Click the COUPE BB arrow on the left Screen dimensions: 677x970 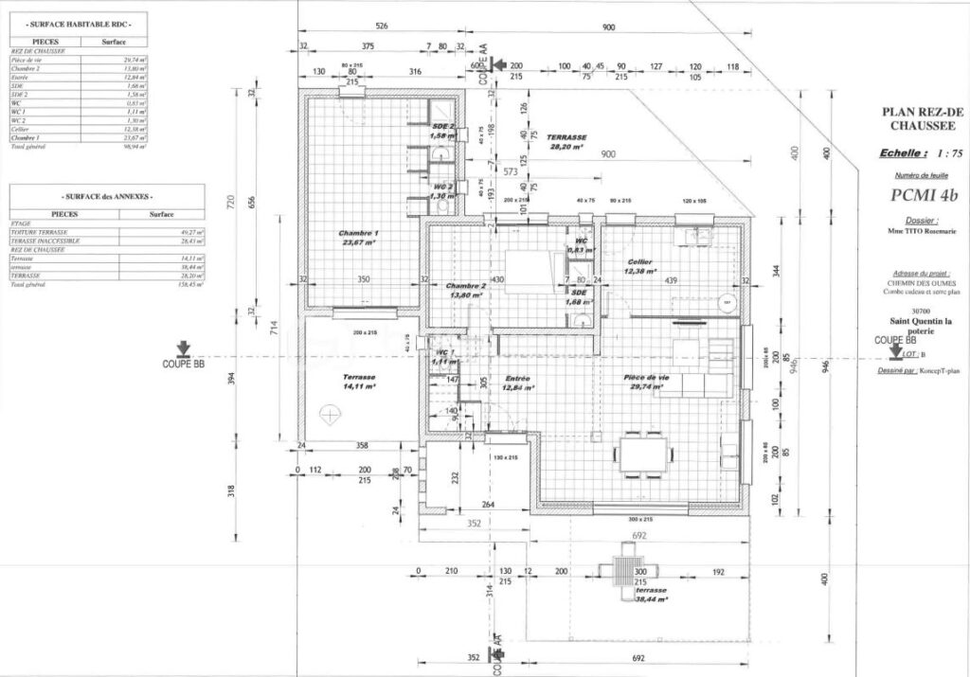(x=183, y=350)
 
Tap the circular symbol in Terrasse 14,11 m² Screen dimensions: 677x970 (x=331, y=414)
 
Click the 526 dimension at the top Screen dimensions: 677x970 (x=382, y=27)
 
